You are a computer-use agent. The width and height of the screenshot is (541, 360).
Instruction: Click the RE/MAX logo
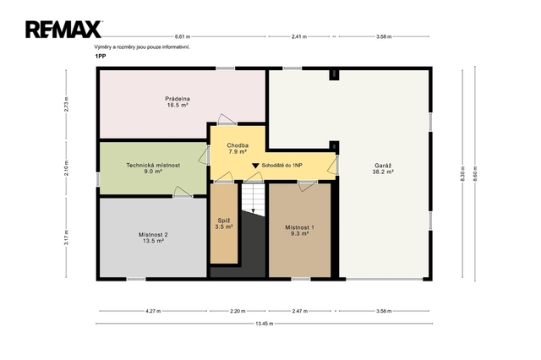coord(63,30)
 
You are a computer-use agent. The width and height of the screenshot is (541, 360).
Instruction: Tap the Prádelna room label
coord(178,102)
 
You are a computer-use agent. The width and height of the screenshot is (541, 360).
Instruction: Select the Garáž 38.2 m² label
coord(383,168)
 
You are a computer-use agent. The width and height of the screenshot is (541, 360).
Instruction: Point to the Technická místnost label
coord(153,168)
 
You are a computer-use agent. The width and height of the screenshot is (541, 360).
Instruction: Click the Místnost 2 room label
coord(153,237)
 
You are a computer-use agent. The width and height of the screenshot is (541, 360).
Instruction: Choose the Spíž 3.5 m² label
coord(224,223)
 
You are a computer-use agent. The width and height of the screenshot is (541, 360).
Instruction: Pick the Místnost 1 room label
coord(299,231)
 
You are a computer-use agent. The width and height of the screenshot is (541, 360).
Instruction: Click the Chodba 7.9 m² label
coord(238,148)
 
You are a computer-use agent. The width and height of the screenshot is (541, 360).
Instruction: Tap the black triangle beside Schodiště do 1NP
coord(255,166)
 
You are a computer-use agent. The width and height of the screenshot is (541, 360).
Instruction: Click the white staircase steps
coord(254,200)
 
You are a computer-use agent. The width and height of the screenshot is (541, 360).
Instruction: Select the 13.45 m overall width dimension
coord(265,324)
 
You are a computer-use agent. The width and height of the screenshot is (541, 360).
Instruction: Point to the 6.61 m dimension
coord(183,36)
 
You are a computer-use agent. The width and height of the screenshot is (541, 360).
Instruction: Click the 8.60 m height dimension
coord(475,173)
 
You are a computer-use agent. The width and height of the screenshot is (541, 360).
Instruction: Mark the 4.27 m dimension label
coord(153,311)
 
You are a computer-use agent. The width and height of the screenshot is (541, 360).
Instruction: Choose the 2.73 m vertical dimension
coord(66,104)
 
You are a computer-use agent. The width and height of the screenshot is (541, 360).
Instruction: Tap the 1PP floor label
coord(101,57)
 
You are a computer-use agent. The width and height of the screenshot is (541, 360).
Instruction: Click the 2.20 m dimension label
coord(238,311)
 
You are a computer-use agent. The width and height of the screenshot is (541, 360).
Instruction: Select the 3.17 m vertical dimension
coord(66,237)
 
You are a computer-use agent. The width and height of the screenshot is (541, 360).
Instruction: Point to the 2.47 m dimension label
coord(300,311)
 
